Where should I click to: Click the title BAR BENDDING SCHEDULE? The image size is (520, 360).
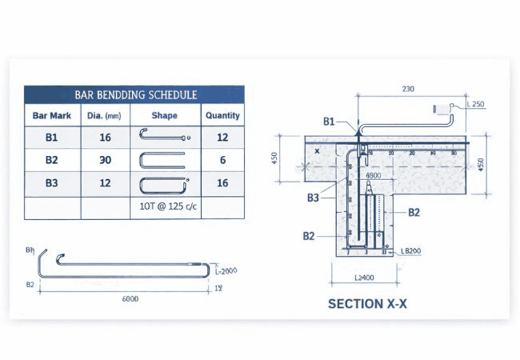pyautogui.click(x=135, y=95)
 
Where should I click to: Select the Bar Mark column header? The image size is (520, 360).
pyautogui.click(x=51, y=115)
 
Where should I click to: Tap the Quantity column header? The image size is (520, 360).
pyautogui.click(x=222, y=115)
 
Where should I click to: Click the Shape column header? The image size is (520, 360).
pyautogui.click(x=164, y=115)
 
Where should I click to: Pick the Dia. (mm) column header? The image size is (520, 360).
pyautogui.click(x=105, y=115)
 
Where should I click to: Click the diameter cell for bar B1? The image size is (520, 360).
pyautogui.click(x=105, y=138)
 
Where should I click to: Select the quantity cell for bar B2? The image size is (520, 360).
pyautogui.click(x=222, y=160)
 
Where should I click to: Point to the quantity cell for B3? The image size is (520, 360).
pyautogui.click(x=222, y=183)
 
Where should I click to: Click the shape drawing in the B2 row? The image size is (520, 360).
pyautogui.click(x=162, y=160)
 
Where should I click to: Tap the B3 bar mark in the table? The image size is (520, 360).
pyautogui.click(x=51, y=183)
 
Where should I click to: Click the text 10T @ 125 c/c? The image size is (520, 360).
pyautogui.click(x=166, y=206)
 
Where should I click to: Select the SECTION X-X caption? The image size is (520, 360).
pyautogui.click(x=367, y=304)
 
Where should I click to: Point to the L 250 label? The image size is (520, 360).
pyautogui.click(x=475, y=105)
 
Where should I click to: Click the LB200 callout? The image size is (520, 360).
pyautogui.click(x=411, y=251)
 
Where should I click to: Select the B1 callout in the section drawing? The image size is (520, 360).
pyautogui.click(x=329, y=122)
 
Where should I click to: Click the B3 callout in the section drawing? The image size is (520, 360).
pyautogui.click(x=313, y=198)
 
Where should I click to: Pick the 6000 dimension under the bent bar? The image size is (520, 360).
pyautogui.click(x=130, y=299)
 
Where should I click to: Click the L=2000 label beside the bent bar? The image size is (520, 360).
pyautogui.click(x=226, y=270)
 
